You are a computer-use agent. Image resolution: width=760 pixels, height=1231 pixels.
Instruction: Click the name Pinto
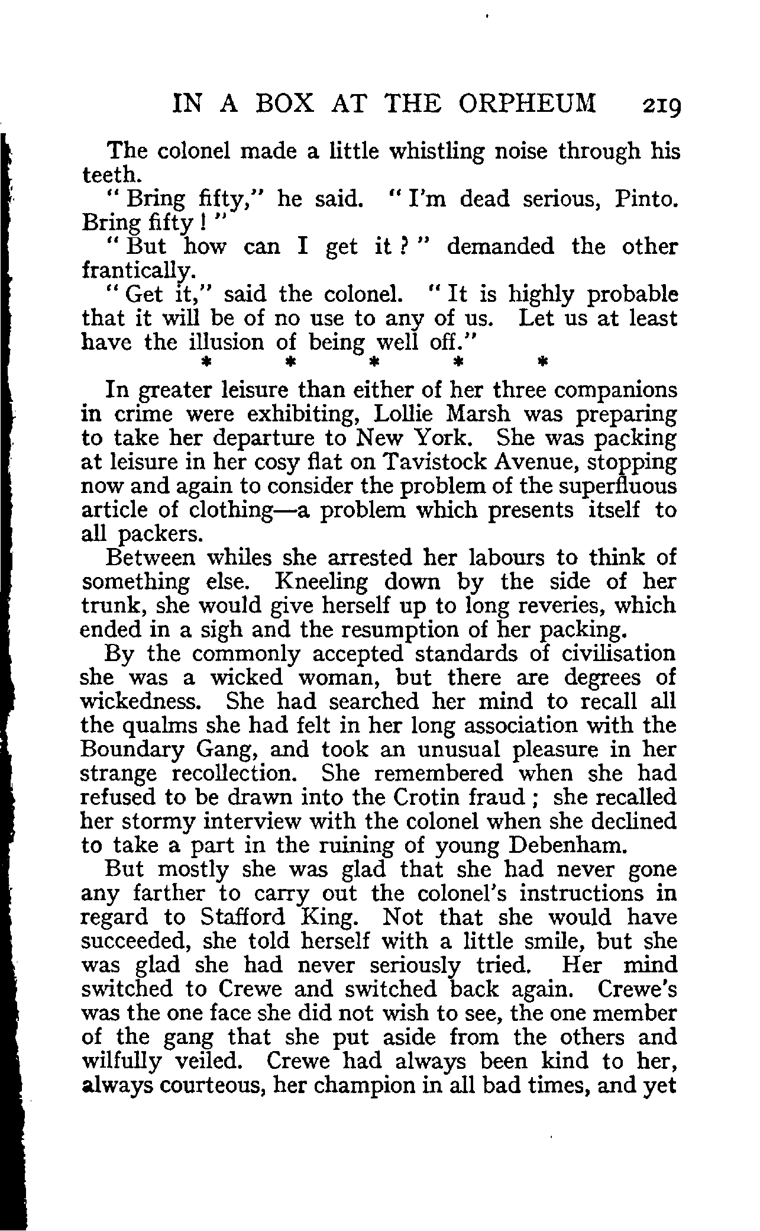pos(646,199)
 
